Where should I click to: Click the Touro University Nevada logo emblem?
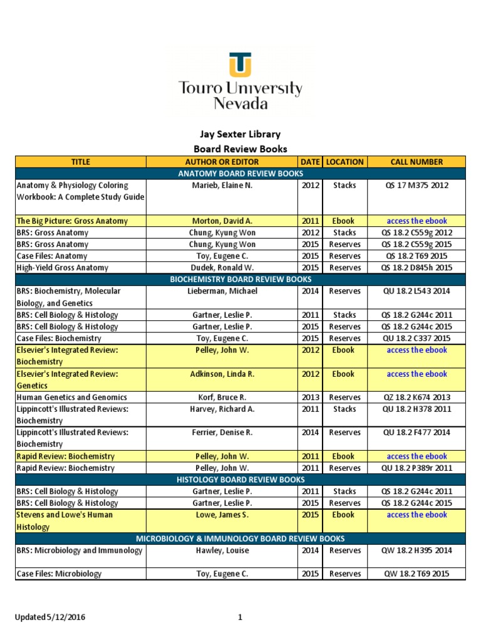tap(240, 65)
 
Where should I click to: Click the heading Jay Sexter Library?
tap(240, 134)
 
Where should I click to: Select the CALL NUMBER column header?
tap(416, 162)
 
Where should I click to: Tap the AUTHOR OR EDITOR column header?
tap(222, 162)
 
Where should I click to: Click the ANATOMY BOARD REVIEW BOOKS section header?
tap(240, 174)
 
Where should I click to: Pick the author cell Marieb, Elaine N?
tap(222, 186)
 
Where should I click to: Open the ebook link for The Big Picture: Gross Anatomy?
tap(416, 221)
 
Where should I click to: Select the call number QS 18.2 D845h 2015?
tap(416, 268)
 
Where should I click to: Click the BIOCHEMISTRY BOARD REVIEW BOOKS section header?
tap(240, 280)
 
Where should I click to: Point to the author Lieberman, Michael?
tap(222, 292)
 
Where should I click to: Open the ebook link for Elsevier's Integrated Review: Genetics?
tap(416, 374)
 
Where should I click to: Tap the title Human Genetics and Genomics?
tap(71, 397)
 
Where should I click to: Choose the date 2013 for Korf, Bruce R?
tap(310, 397)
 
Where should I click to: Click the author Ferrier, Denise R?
tap(222, 433)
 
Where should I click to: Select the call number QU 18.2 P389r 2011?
tap(416, 468)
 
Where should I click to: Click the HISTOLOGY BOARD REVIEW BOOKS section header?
tap(240, 480)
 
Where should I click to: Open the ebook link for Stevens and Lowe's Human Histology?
tap(416, 515)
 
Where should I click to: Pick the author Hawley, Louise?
tap(222, 550)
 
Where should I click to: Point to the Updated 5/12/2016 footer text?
tap(50, 618)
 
